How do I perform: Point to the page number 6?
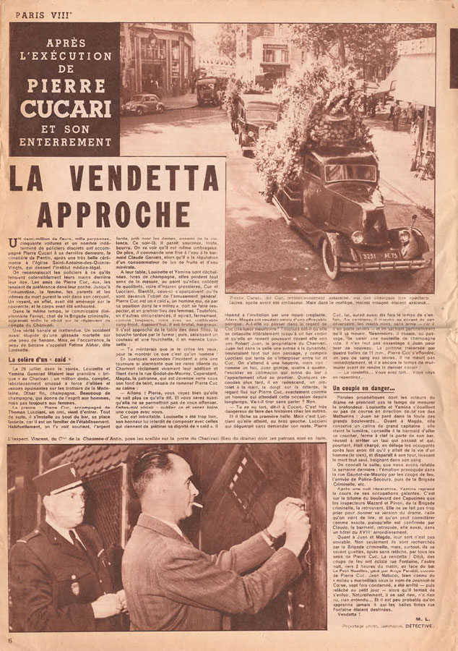tap(11, 640)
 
